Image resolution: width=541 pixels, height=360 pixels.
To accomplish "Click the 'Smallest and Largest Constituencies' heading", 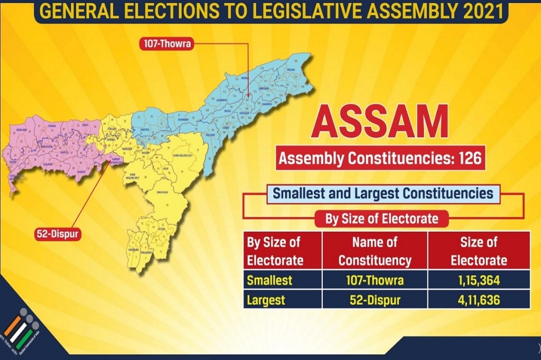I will (383, 193).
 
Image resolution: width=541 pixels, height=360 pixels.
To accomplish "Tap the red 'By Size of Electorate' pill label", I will (381, 218).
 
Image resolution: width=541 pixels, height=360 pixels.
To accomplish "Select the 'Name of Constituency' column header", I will (375, 251).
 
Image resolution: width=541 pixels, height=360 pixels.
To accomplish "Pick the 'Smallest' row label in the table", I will (269, 279).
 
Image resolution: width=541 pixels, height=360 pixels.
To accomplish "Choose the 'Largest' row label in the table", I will (266, 300).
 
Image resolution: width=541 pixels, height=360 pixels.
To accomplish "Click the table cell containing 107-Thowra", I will (375, 279).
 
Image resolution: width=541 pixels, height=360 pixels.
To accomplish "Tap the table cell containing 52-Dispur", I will (375, 300).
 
